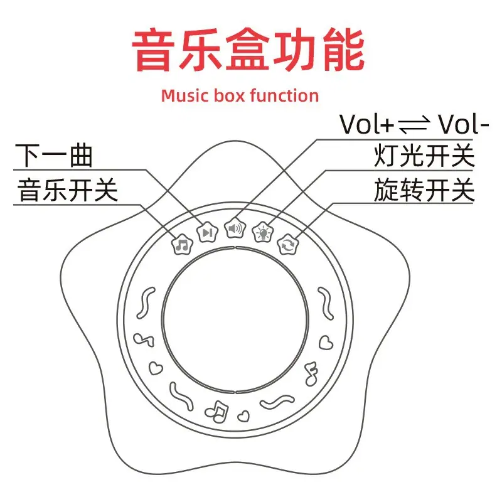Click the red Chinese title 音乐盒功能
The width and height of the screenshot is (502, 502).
(x=248, y=50)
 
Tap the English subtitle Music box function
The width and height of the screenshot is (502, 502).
(x=240, y=96)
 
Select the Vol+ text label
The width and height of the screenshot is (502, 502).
(x=366, y=124)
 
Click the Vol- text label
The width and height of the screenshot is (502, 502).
(x=463, y=124)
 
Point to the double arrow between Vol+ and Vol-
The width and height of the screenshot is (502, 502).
(x=414, y=125)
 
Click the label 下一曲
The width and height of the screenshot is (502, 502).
(x=54, y=156)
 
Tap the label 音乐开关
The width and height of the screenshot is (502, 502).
(x=68, y=190)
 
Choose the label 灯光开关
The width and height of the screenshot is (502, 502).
(x=424, y=156)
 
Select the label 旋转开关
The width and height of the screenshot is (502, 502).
(x=424, y=190)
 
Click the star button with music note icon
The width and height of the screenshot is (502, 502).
(x=183, y=245)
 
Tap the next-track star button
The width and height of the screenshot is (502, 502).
(x=207, y=232)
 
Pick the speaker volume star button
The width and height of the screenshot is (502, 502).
(x=235, y=228)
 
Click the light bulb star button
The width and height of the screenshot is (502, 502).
(x=263, y=232)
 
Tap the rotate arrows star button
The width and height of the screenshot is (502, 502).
(x=287, y=245)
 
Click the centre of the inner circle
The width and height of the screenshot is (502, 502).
(x=235, y=319)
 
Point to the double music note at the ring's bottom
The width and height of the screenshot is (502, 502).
(x=217, y=412)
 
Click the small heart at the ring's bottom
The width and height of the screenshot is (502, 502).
(x=243, y=416)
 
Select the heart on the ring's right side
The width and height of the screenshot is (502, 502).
(x=326, y=343)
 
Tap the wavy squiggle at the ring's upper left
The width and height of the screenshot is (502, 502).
(x=146, y=303)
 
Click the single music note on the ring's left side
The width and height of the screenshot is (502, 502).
(x=144, y=339)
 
